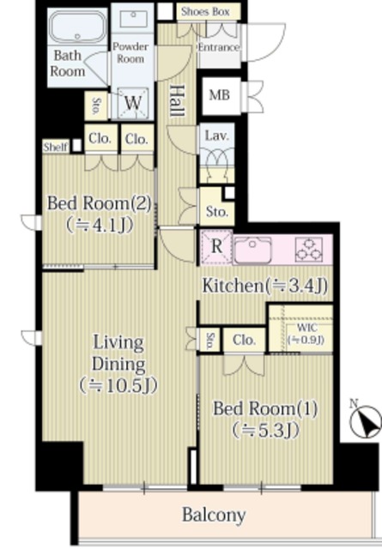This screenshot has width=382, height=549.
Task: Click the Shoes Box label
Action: (x=205, y=11)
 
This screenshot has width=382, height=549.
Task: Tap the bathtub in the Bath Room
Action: (x=77, y=27)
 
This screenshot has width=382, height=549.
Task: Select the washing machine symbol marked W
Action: (x=133, y=103)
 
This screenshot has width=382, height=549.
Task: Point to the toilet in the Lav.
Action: (x=216, y=163)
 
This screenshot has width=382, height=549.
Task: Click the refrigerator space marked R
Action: (x=216, y=246)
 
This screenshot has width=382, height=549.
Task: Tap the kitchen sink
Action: (x=252, y=250)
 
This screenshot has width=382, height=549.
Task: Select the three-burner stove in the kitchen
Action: (x=309, y=250)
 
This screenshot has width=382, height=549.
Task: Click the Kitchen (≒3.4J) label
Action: (x=265, y=286)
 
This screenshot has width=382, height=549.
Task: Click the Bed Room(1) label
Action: (x=265, y=408)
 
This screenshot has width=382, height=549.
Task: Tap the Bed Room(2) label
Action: (x=100, y=203)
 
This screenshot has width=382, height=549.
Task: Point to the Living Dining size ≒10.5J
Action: (x=118, y=385)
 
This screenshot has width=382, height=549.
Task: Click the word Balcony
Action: (x=214, y=515)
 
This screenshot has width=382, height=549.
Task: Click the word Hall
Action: (x=178, y=101)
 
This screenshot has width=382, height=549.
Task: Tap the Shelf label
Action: (x=56, y=147)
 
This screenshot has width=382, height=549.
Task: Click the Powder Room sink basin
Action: (x=133, y=19)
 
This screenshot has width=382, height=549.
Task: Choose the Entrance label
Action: (x=219, y=48)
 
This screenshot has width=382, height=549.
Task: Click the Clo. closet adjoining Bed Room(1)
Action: (x=244, y=340)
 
